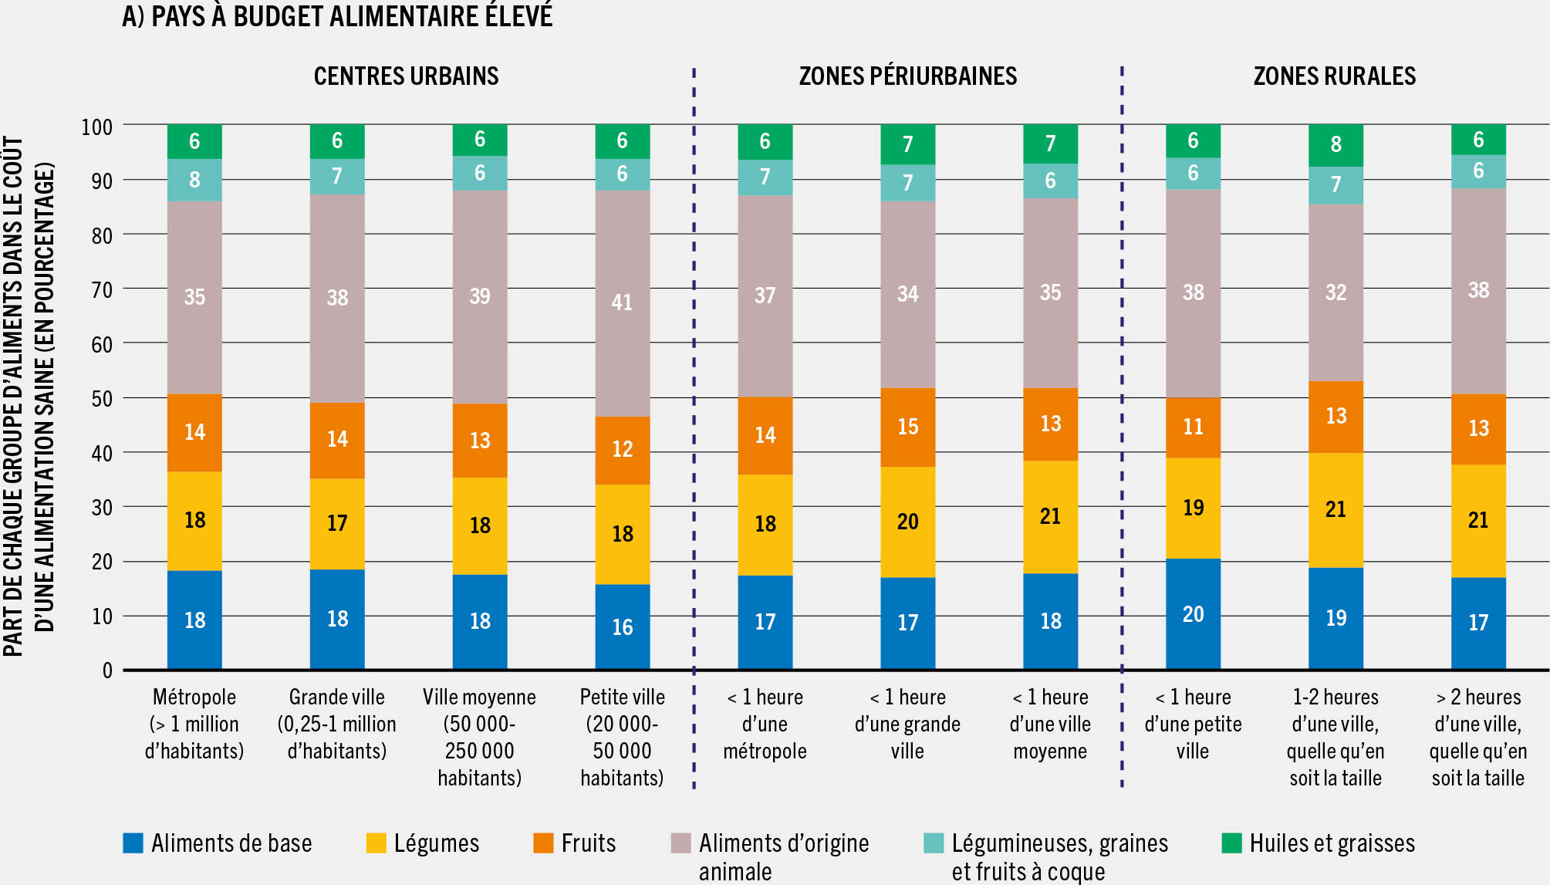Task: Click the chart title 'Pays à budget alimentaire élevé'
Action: (337, 16)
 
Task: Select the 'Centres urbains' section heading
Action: (406, 76)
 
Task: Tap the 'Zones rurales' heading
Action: (1334, 76)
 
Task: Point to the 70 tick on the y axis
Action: (102, 290)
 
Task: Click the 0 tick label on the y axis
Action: (107, 671)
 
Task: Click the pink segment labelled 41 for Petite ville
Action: (622, 302)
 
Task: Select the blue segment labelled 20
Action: (1193, 614)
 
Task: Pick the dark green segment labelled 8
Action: (1336, 144)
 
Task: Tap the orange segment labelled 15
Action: (907, 427)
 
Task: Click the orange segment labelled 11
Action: (1193, 427)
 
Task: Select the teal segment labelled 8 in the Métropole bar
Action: (194, 180)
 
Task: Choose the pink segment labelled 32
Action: (1336, 292)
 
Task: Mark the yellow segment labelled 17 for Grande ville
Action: (337, 523)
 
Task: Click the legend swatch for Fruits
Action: (543, 843)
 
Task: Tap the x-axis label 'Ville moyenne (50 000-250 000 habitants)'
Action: (479, 737)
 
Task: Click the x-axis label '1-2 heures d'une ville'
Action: (1336, 737)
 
